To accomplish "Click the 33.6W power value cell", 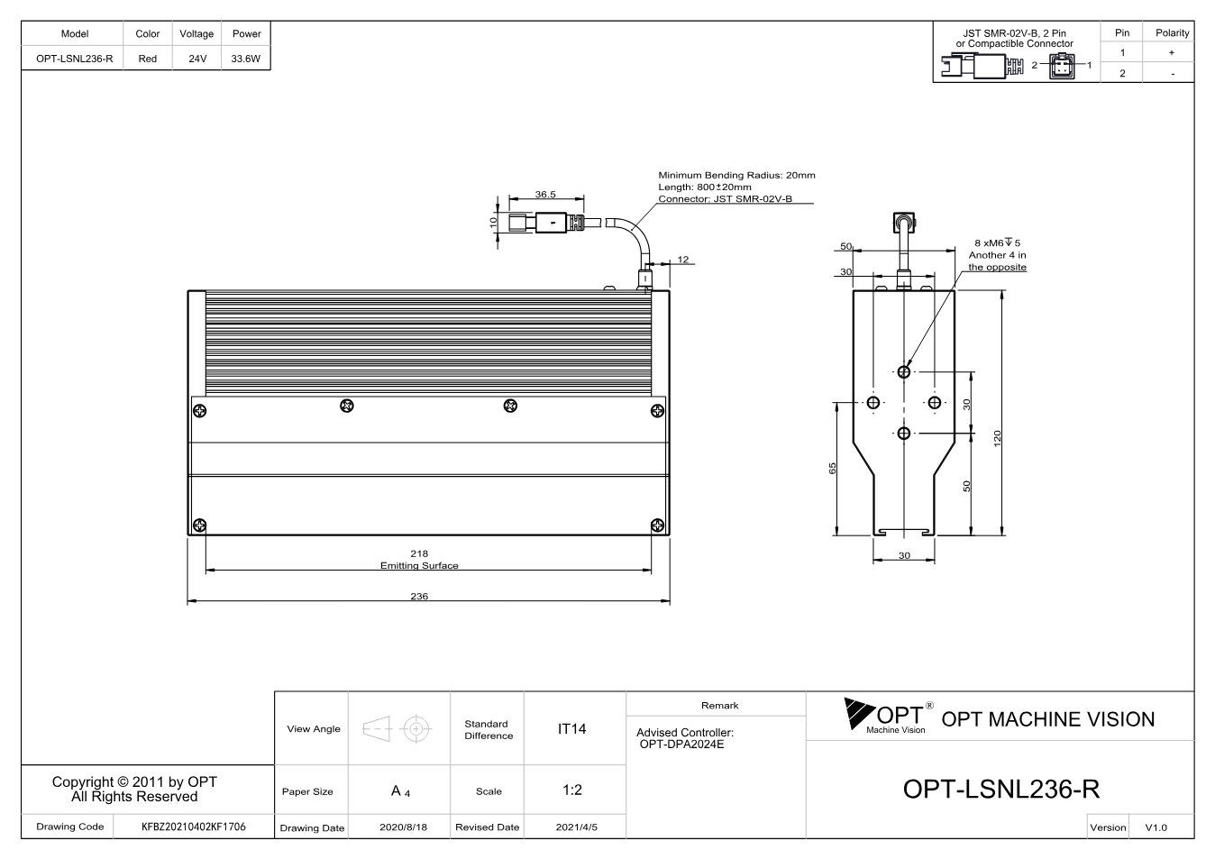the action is coord(246,59).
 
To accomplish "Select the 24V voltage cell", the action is coord(197,59).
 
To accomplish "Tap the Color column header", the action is coord(148,33).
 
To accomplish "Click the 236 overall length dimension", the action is coord(419,596).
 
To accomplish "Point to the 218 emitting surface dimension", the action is coord(419,553).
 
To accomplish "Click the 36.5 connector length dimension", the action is coord(545,194).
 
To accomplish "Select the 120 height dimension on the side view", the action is coord(997,438).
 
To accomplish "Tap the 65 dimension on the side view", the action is coord(833,468).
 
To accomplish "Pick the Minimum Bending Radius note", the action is coord(736,175).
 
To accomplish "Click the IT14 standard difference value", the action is coord(571,728).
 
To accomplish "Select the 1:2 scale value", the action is coord(572,790).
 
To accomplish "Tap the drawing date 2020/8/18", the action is coord(403,827).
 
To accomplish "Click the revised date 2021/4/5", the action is coord(577,827).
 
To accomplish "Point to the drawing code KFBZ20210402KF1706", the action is coord(194,827).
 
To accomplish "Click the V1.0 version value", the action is coord(1156,827).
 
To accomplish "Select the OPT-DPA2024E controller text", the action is coord(681,744).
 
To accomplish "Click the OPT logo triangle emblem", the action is coord(859,713).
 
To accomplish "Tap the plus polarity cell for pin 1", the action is coord(1172,52).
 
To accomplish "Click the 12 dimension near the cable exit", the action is coord(683,260).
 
